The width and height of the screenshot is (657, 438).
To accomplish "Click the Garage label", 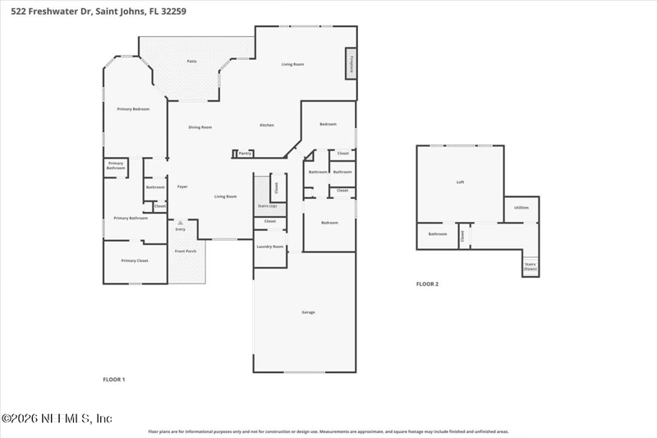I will [x=308, y=312].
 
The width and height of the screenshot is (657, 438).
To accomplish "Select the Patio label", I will [x=191, y=61].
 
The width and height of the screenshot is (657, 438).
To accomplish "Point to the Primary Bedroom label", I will [x=133, y=108].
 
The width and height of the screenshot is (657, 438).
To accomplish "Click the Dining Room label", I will [x=200, y=127].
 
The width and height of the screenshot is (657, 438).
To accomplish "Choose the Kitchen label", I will [x=267, y=125].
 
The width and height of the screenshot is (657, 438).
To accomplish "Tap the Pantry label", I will [x=245, y=153].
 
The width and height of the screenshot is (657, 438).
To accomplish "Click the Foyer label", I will [x=182, y=187].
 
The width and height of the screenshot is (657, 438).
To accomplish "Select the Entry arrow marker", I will [x=181, y=222].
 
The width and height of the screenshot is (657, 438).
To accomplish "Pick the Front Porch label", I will [x=186, y=251].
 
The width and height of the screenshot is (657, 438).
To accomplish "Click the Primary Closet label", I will [x=134, y=260].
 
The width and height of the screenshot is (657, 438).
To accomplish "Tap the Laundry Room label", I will [x=269, y=247].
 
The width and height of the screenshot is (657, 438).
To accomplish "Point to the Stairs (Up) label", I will [x=267, y=205].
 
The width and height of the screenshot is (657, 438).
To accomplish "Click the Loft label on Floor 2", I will [x=460, y=182].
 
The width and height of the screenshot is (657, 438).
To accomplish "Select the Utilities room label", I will [x=521, y=207].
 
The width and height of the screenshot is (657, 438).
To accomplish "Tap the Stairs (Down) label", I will [x=531, y=267].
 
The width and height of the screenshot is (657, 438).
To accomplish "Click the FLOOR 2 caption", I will [x=427, y=284].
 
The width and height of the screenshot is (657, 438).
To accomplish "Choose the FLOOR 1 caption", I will [x=113, y=380].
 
